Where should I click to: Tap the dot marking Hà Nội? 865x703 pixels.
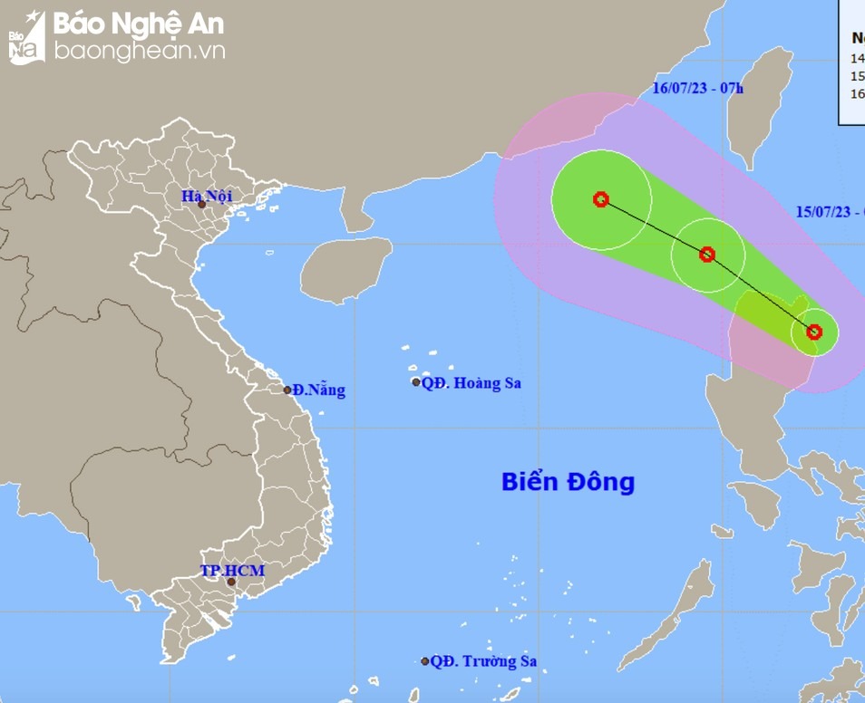pos(202,205)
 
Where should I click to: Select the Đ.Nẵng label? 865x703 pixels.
pos(318,390)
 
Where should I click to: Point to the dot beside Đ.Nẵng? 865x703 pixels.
pos(287,390)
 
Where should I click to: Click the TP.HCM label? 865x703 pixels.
pos(231,571)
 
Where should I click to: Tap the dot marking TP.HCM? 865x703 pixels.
pos(231,582)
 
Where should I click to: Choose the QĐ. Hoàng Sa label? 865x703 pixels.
pos(471,383)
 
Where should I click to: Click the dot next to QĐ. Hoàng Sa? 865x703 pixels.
pos(416,382)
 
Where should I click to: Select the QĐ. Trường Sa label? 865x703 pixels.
pos(483,661)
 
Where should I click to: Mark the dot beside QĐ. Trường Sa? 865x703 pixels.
pos(424,661)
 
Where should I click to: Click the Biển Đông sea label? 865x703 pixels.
pos(568,481)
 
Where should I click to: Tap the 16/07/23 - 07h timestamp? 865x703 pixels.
pos(697,88)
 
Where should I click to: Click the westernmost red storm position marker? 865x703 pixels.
pos(600,199)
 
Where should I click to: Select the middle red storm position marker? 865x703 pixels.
pos(707,255)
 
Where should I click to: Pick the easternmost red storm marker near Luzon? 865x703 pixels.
pos(814,332)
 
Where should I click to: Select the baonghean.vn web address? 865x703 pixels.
pos(138,52)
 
